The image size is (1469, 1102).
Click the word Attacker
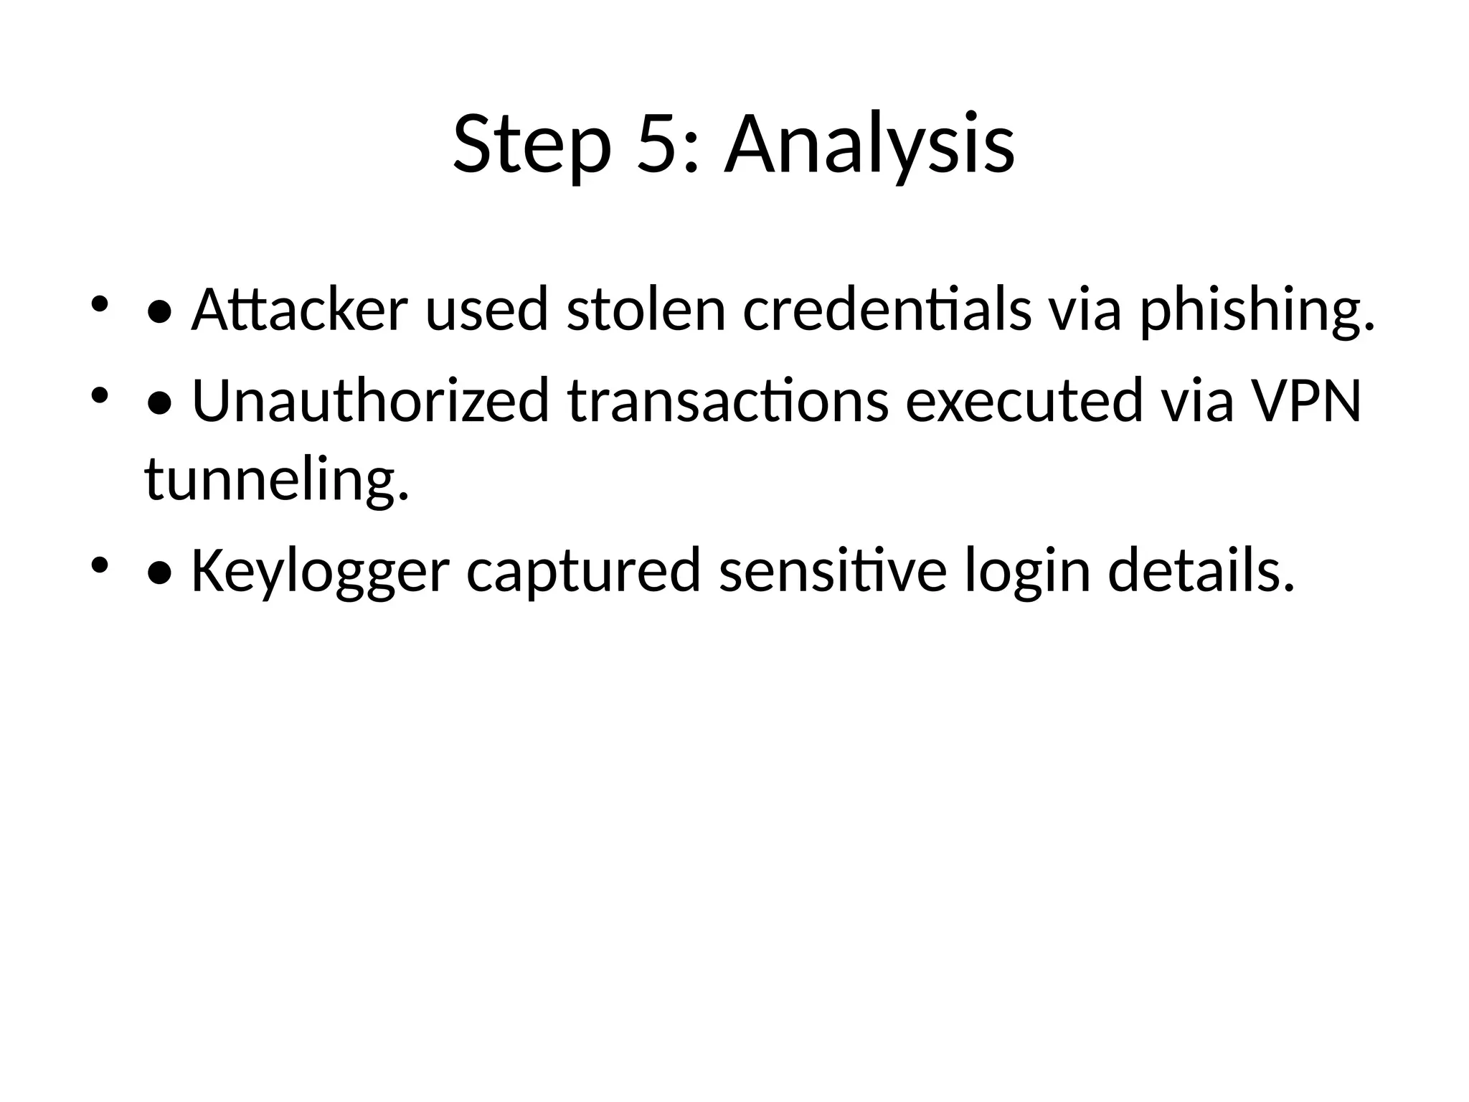click(x=299, y=310)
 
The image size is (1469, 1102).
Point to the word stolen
click(x=646, y=310)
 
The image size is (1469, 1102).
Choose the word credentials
click(x=887, y=310)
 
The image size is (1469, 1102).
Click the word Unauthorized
click(x=370, y=400)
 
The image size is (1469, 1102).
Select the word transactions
click(x=728, y=400)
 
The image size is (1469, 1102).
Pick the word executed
click(x=1025, y=400)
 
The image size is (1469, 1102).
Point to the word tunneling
click(x=277, y=479)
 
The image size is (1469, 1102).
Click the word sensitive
click(x=833, y=570)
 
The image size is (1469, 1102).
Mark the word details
click(x=1201, y=570)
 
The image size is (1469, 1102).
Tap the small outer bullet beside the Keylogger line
click(x=99, y=565)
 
